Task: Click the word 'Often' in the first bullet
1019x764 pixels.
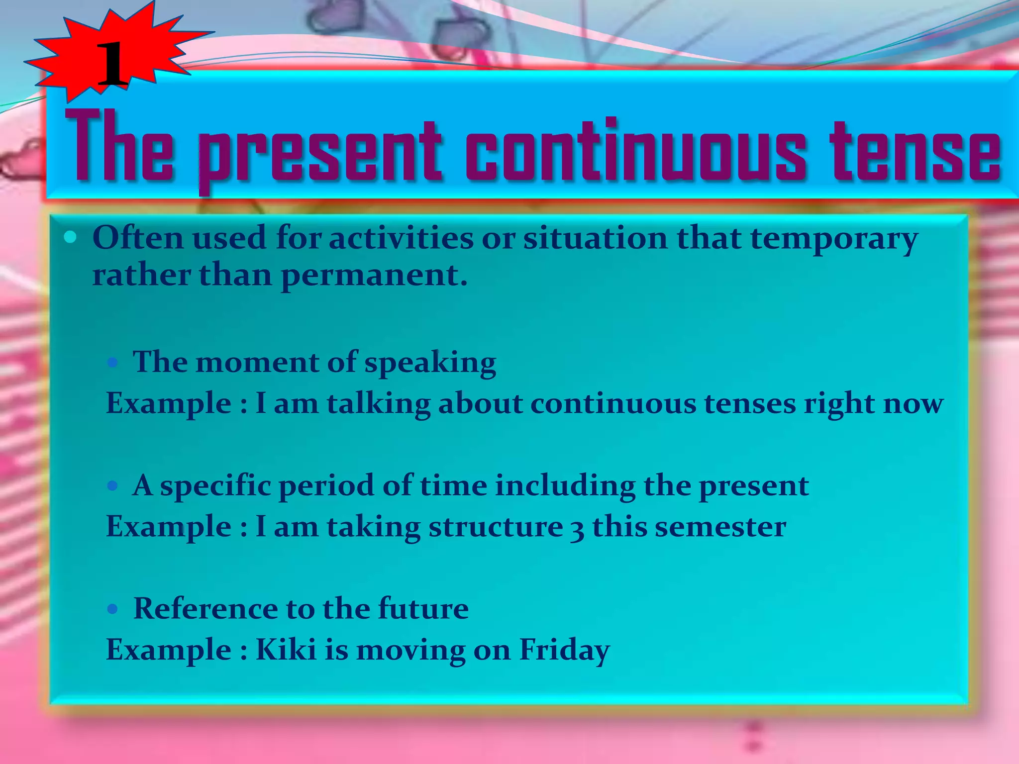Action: [138, 237]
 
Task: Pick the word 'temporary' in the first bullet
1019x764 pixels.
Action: [834, 239]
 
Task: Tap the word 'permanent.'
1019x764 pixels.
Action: [374, 276]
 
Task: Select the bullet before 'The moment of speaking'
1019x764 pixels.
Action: [113, 362]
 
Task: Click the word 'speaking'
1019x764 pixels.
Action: [430, 363]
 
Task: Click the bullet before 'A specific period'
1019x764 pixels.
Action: [113, 485]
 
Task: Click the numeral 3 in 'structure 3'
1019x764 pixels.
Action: [577, 528]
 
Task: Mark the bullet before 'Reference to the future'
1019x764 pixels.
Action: [113, 609]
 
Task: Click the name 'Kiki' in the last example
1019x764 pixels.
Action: [286, 650]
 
